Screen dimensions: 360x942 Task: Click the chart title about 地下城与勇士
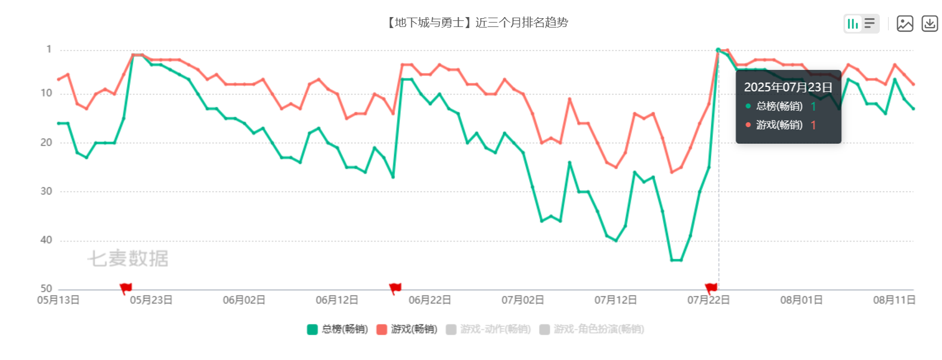click(477, 23)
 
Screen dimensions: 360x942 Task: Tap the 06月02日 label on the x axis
click(244, 300)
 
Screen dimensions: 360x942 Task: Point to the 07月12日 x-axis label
click(616, 300)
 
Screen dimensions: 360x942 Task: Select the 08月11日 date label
click(894, 300)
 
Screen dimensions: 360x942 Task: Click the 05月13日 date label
click(58, 300)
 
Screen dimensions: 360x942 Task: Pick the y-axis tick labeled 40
click(46, 240)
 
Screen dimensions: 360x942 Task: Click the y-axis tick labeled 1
click(49, 50)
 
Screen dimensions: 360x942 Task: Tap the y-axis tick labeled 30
click(46, 191)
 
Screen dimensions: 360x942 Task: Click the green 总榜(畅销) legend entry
click(337, 329)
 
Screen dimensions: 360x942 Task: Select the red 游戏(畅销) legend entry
click(407, 329)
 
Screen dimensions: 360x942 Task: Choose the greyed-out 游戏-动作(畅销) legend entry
click(488, 329)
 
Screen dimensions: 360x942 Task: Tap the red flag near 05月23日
click(126, 288)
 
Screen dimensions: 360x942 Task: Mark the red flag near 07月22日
click(711, 288)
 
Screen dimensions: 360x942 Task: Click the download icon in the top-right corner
click(930, 24)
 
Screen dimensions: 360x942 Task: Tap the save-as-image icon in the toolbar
click(905, 24)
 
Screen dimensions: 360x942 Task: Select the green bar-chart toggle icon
click(853, 24)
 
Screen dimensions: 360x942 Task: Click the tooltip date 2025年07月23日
click(788, 87)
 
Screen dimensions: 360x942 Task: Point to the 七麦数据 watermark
click(128, 258)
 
